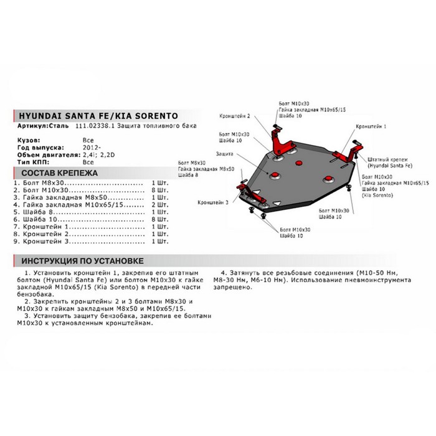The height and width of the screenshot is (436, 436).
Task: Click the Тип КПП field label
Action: [29, 161]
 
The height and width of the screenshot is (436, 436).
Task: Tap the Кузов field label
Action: [27, 140]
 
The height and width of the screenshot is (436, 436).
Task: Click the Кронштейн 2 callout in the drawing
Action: [235, 116]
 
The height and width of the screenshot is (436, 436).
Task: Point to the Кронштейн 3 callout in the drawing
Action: [213, 203]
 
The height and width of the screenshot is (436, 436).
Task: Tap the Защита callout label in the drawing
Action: [225, 153]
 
